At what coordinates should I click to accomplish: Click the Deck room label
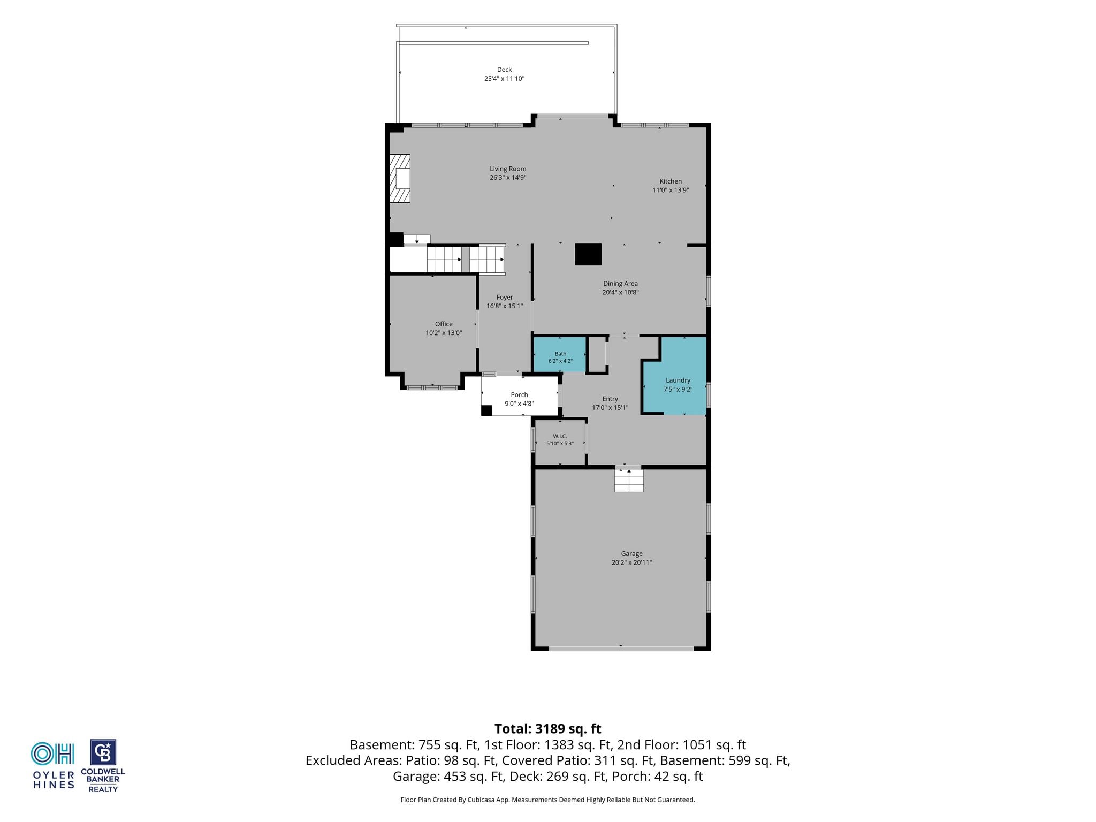[504, 70]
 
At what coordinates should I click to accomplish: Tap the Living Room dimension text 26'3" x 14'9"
[508, 178]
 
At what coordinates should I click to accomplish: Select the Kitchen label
[671, 181]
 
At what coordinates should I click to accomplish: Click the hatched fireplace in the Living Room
[400, 178]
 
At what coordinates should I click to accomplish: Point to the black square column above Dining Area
[588, 255]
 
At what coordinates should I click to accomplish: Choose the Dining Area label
[620, 284]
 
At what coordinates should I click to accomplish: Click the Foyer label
[505, 298]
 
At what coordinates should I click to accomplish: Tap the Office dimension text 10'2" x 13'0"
[444, 333]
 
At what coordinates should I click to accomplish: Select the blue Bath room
[560, 354]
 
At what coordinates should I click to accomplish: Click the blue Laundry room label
[678, 380]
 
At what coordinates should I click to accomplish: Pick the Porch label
[519, 395]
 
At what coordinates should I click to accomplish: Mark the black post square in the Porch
[486, 410]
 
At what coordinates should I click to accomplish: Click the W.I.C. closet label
[560, 436]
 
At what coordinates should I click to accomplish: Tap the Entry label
[610, 399]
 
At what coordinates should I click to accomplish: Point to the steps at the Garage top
[629, 480]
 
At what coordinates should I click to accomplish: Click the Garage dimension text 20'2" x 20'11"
[632, 562]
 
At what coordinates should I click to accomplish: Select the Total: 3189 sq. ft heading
[548, 729]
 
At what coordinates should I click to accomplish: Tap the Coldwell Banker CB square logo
[103, 752]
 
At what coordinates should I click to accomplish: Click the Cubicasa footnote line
[548, 800]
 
